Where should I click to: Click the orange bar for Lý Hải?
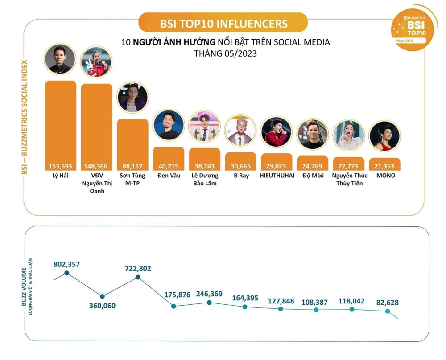61,125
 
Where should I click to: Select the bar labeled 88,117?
132,143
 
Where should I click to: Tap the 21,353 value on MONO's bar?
384,166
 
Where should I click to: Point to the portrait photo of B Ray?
240,131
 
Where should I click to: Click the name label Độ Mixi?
312,176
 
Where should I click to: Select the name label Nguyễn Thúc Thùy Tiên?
349,179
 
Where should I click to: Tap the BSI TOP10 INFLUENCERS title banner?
223,23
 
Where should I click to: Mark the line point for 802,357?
66,273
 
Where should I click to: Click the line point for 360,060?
102,296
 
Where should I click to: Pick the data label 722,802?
138,268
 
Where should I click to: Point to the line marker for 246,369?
209,303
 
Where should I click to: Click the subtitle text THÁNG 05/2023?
225,53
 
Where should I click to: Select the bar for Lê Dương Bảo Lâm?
204,158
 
